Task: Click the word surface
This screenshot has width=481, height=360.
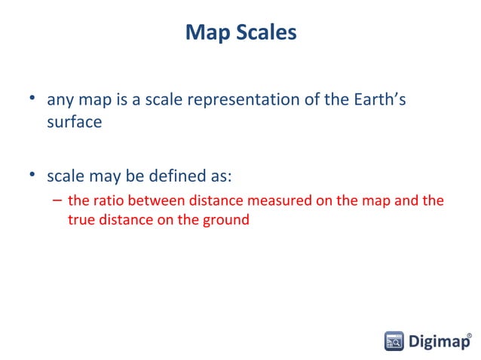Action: (x=74, y=121)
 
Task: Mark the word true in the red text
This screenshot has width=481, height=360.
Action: (x=80, y=221)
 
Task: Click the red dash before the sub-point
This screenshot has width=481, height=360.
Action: (x=57, y=201)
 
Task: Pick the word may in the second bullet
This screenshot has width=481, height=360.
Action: (x=99, y=178)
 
